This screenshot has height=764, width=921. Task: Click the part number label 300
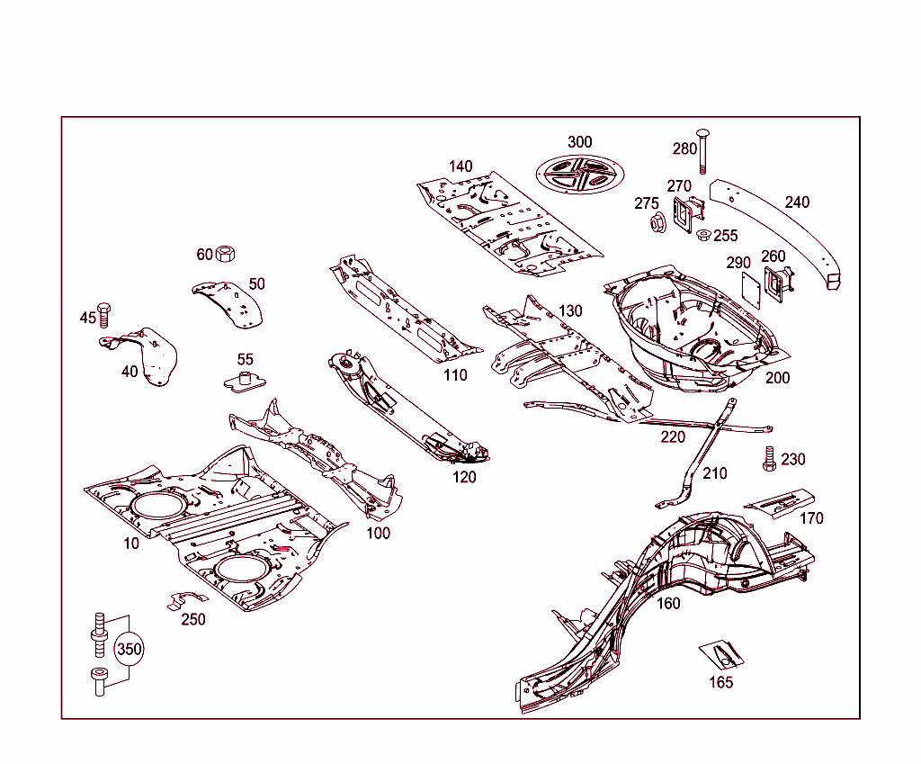[579, 142]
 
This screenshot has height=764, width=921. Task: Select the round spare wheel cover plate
[578, 173]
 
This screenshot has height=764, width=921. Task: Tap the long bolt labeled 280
[702, 151]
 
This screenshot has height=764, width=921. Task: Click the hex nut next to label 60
[226, 254]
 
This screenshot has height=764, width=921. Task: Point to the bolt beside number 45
[103, 315]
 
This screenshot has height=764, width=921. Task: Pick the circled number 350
[129, 649]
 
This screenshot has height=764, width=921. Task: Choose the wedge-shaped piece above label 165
[720, 654]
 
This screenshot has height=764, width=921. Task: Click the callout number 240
[797, 202]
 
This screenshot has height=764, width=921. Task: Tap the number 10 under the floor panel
[131, 544]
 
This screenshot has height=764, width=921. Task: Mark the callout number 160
[668, 603]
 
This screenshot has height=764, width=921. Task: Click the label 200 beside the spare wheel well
[777, 377]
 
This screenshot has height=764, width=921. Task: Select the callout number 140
[460, 166]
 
